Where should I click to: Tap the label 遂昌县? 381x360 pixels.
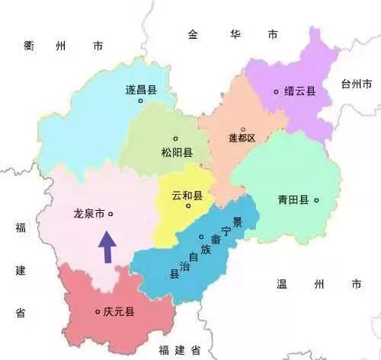click(140, 89)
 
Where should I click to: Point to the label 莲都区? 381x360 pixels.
click(243, 139)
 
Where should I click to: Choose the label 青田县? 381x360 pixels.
click(293, 200)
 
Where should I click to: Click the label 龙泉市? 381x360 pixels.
click(88, 215)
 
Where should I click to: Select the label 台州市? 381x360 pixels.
click(357, 82)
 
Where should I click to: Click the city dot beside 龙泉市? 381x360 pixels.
click(111, 215)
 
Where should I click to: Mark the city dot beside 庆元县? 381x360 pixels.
click(97, 311)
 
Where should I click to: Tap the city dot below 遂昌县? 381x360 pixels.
click(139, 100)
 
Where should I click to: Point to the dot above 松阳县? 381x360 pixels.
click(175, 138)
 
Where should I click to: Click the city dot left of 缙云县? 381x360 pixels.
click(277, 91)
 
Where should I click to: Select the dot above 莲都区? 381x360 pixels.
click(243, 129)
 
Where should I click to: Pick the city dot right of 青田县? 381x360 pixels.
click(316, 200)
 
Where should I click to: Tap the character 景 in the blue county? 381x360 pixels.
click(237, 221)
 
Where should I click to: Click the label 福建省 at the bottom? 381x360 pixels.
click(180, 349)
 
